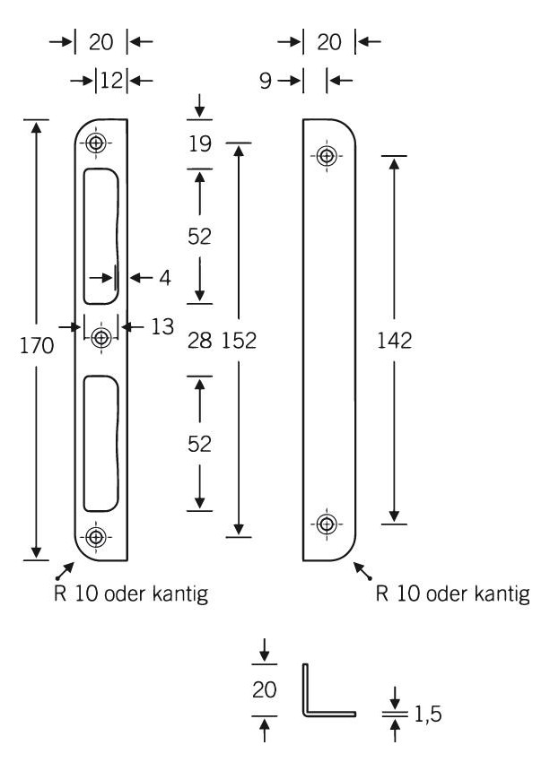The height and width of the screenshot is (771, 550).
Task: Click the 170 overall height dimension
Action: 37,346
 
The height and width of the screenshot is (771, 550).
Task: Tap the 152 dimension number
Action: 239,341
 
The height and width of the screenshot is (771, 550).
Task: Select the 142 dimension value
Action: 394,341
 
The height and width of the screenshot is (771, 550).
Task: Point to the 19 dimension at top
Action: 200,144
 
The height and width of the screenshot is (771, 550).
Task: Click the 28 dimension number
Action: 200,341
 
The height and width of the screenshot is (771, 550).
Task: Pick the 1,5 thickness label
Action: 427,714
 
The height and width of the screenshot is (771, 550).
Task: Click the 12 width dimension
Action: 111,80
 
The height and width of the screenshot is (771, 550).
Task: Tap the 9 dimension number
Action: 266,81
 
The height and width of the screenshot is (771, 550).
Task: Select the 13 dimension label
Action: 162,327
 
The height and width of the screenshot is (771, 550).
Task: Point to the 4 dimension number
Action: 165,278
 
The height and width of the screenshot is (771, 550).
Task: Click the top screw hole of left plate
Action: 95,143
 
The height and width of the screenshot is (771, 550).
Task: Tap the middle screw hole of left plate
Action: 101,338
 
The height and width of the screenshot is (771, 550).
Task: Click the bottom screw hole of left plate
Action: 95,537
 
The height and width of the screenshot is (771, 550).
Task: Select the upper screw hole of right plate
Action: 327,156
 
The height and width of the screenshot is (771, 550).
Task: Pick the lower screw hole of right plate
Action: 327,524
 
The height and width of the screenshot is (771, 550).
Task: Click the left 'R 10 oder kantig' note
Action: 131,594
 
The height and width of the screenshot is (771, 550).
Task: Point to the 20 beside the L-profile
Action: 264,690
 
